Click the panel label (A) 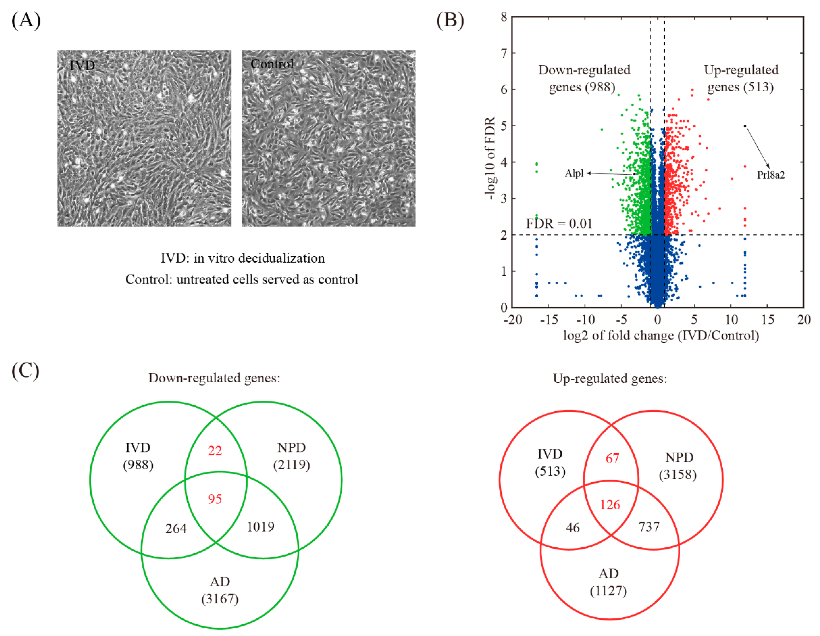tap(26, 20)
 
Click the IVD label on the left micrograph tap(82, 66)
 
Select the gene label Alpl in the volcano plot tap(574, 173)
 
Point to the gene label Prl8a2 tap(770, 175)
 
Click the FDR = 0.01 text tap(559, 224)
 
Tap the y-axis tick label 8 tap(504, 17)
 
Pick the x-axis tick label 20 tap(803, 320)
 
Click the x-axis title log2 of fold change tap(661, 335)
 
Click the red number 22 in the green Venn tap(215, 451)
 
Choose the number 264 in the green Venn tap(176, 528)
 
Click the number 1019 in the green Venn tap(260, 527)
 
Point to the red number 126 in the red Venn tap(610, 505)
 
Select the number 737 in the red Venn tap(649, 527)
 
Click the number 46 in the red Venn tap(573, 528)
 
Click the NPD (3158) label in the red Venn tap(678, 466)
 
